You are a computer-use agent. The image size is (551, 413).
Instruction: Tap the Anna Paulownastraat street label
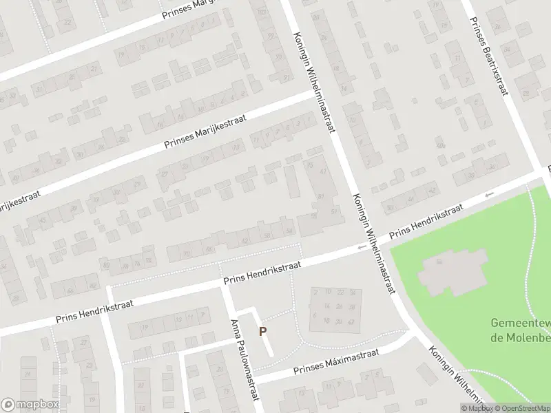click(x=247, y=360)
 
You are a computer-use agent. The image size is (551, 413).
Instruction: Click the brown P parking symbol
click(x=262, y=331)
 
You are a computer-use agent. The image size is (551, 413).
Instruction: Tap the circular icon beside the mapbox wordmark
click(x=8, y=405)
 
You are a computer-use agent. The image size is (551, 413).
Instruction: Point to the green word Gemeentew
click(x=520, y=323)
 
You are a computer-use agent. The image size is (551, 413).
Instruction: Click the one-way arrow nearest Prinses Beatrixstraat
click(x=490, y=195)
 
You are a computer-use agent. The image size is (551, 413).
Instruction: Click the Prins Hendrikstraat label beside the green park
click(x=425, y=222)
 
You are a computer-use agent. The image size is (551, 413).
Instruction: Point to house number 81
click(x=321, y=198)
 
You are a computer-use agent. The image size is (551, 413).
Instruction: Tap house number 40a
click(x=439, y=145)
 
